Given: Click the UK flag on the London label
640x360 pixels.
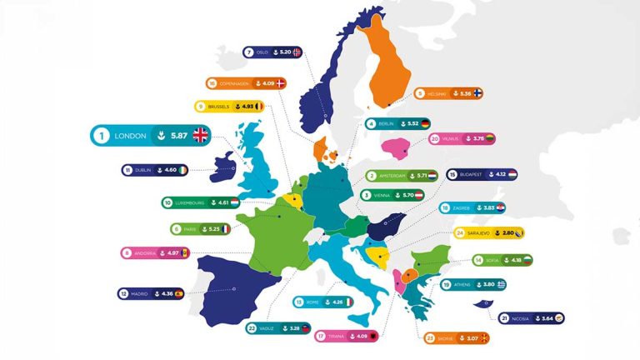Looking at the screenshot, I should point(200,136).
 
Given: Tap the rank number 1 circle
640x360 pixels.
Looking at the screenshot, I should point(102,136).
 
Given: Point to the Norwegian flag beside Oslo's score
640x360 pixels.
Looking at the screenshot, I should point(297,52).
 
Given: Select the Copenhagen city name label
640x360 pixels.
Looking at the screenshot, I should point(237,83).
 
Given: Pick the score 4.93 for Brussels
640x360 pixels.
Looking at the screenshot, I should point(247,107).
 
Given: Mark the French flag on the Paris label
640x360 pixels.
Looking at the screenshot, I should point(226,228).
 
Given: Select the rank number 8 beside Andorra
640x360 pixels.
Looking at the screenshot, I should point(127,252).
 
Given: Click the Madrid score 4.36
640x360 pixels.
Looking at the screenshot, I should point(190,293).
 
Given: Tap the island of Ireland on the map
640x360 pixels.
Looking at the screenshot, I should point(224,166).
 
